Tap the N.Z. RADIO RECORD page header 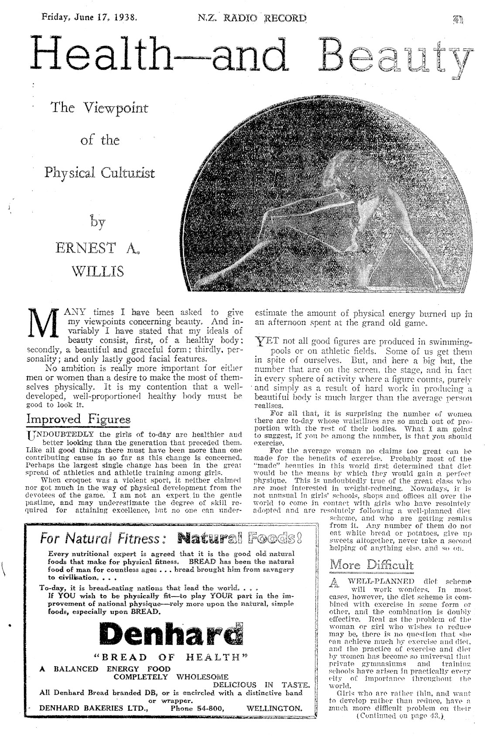252,18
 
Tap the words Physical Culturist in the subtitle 99,173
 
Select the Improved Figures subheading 79,419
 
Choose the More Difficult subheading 371,565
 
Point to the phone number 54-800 205,708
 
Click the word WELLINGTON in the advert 274,708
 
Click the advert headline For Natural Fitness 102,539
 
